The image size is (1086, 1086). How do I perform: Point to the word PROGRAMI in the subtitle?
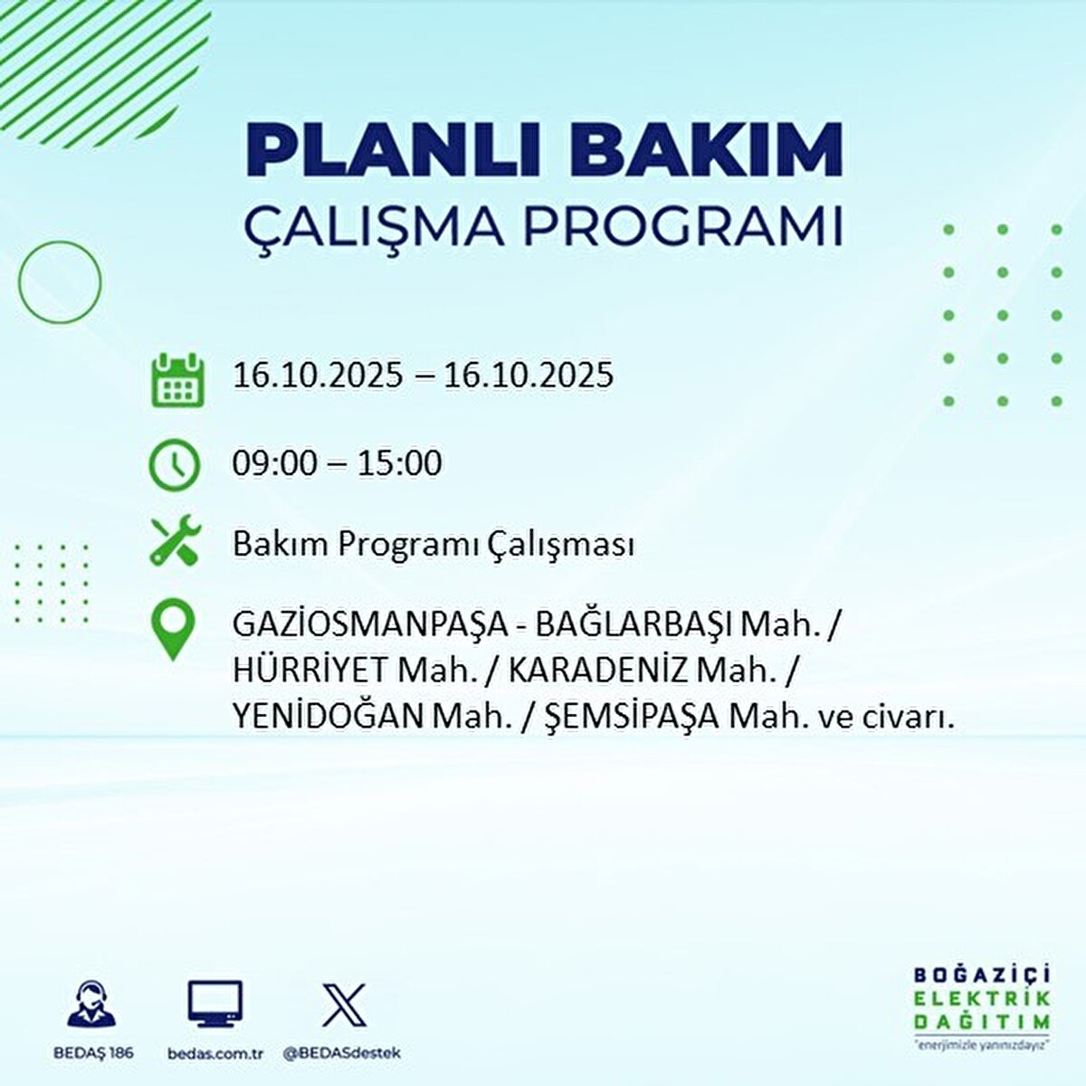pos(683,225)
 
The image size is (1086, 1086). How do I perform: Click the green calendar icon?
pos(178,380)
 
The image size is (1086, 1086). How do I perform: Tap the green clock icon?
pos(174,465)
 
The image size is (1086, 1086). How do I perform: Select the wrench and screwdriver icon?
pos(176,539)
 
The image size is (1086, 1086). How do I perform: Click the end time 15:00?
pos(399,463)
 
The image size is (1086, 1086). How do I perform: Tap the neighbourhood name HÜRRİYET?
pos(311,670)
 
